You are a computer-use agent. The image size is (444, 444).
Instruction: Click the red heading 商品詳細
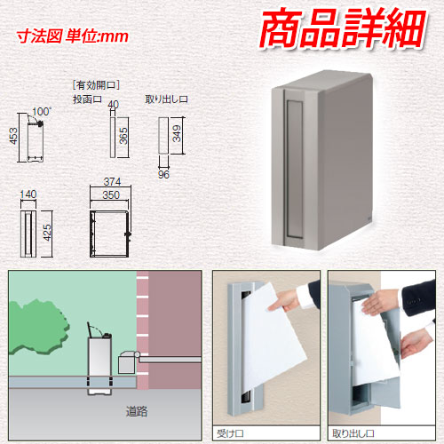pos(343,28)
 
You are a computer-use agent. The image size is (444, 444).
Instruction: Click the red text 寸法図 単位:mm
pos(73,36)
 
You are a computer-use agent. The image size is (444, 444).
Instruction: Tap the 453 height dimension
pos(13,136)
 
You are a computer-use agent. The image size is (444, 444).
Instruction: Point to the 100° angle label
pos(42,112)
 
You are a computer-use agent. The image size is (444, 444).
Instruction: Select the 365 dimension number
pos(123,136)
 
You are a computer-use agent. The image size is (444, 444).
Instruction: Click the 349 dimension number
pos(177,133)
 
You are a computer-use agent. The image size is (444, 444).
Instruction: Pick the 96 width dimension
pos(163,175)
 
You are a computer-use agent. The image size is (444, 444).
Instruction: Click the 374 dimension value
pos(112,181)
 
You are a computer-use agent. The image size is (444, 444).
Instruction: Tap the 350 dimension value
pos(111,195)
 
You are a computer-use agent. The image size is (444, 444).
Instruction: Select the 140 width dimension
pos(28,194)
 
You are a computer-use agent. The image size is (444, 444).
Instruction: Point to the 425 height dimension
pos(47,233)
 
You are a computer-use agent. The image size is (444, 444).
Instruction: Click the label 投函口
pos(87,99)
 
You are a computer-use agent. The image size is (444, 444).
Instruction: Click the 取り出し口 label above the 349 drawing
pos(167,99)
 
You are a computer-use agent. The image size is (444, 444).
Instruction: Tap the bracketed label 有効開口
pos(96,85)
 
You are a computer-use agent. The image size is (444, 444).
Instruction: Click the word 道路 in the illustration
pos(137,411)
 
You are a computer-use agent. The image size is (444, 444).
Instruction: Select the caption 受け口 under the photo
pos(230,434)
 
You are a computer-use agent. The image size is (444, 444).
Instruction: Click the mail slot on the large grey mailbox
pos(294,169)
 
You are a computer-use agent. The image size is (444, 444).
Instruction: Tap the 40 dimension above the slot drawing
pos(113,104)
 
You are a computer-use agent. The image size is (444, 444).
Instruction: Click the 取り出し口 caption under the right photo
pos(353,434)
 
